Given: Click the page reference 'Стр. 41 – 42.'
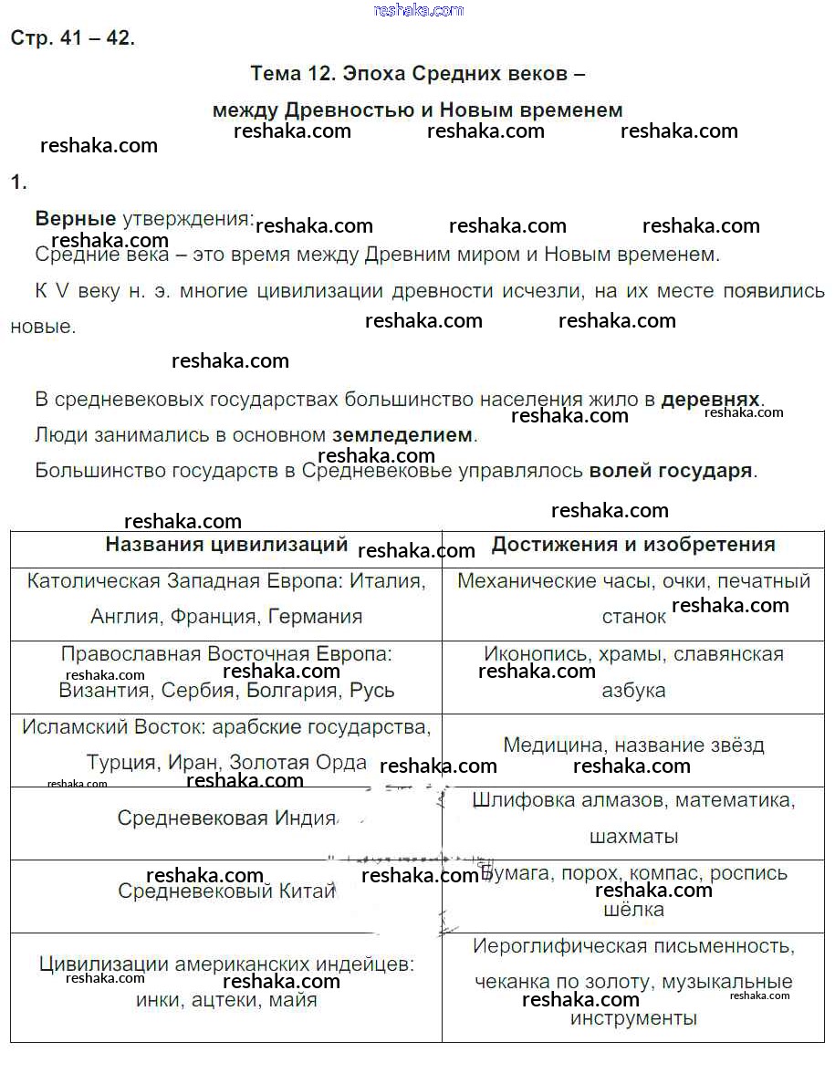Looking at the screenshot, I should pos(72,38).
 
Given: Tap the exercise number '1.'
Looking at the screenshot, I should pos(19,182).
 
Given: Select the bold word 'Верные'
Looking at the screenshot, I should pos(76,218).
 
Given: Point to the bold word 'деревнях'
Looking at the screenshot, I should pos(710,400).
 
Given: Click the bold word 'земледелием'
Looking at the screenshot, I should pos(402,435).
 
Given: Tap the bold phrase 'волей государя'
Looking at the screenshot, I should pos(671,471).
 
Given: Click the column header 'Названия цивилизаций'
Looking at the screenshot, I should pos(226,545).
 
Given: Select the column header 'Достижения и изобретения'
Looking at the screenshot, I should pos(633,545).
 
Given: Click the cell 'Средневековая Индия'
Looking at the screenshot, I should pos(227,818).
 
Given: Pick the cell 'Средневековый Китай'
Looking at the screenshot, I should pos(227,891).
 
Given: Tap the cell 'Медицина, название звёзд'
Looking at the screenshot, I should pos(633,745).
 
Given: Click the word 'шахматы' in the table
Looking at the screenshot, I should pos(633,836).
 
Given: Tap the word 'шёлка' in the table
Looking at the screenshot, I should pos(633,910).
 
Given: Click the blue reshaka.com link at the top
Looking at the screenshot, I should pos(419,10).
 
